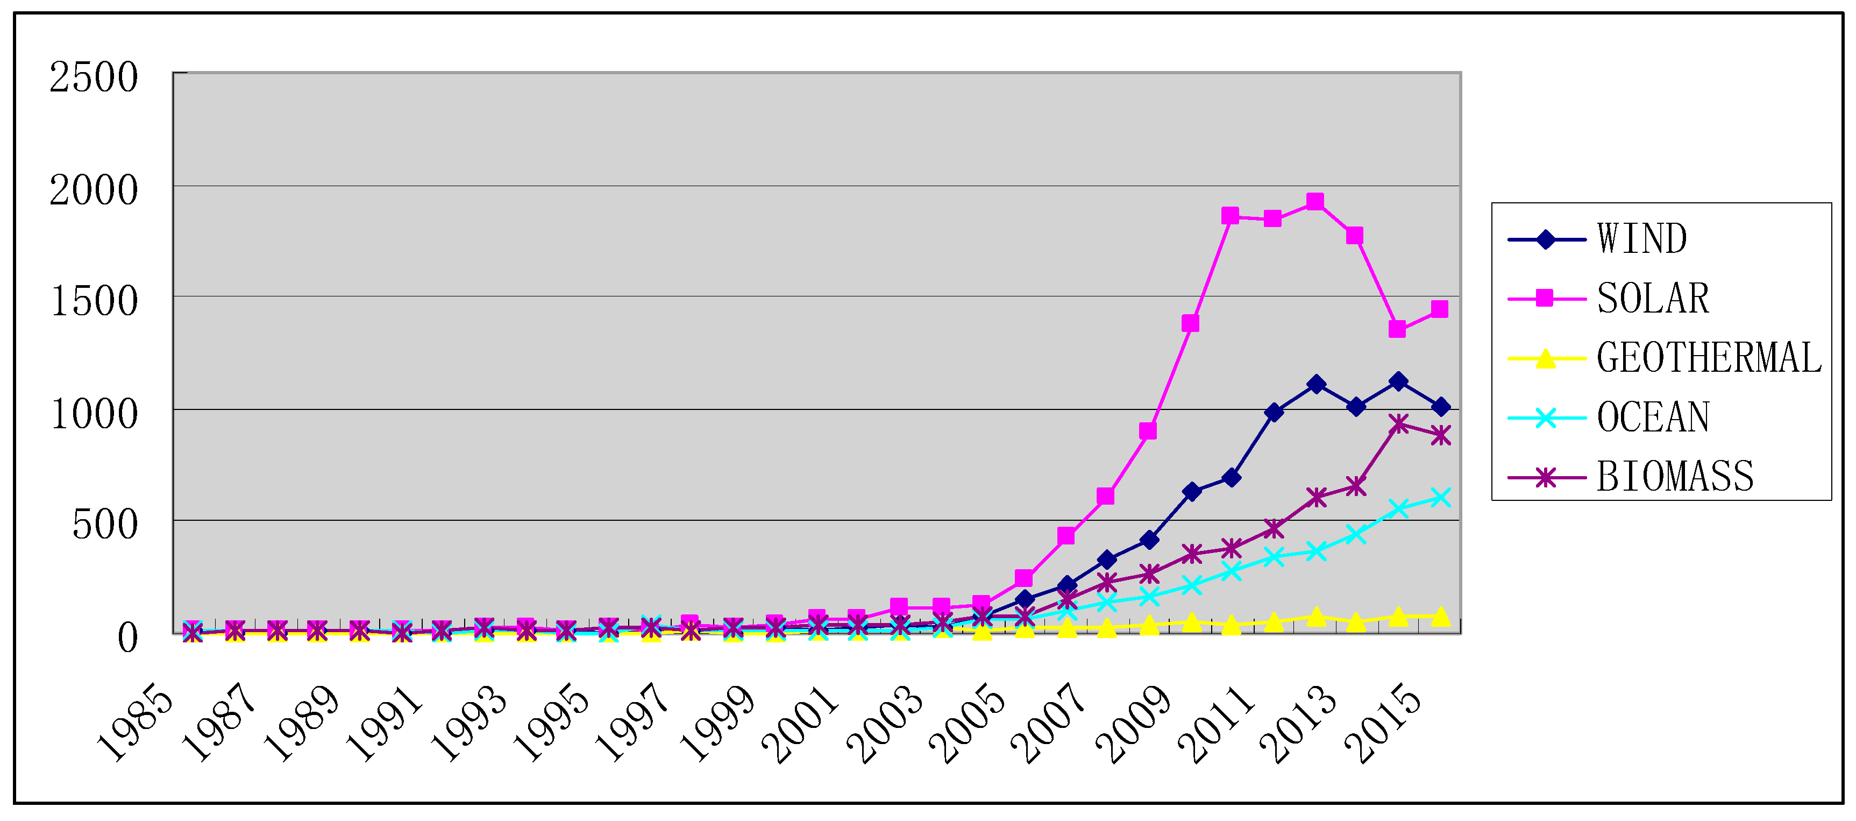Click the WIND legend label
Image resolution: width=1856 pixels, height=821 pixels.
pyautogui.click(x=1641, y=239)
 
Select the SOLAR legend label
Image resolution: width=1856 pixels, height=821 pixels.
pyautogui.click(x=1652, y=299)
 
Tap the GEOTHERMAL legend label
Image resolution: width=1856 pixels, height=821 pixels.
pyautogui.click(x=1708, y=358)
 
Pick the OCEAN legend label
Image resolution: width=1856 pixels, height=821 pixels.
pyautogui.click(x=1652, y=417)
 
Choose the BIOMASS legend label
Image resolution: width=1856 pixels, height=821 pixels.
pyautogui.click(x=1674, y=477)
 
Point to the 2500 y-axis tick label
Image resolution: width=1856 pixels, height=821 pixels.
pyautogui.click(x=93, y=78)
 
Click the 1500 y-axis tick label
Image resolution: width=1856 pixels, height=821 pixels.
pyautogui.click(x=93, y=301)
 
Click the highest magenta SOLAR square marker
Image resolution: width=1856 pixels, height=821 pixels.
pyautogui.click(x=1315, y=202)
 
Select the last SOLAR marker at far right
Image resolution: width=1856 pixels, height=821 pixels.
pyautogui.click(x=1440, y=309)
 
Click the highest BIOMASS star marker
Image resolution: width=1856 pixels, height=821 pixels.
pyautogui.click(x=1398, y=424)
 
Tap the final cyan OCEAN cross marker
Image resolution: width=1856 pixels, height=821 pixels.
pyautogui.click(x=1440, y=497)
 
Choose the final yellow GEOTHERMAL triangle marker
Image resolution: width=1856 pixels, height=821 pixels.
pyautogui.click(x=1440, y=617)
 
